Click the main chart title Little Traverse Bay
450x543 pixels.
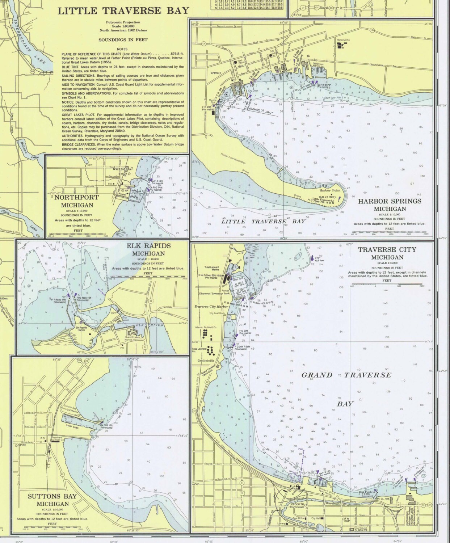point(123,10)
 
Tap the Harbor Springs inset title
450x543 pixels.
point(390,201)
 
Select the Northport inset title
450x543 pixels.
point(77,198)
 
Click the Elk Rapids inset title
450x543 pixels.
point(148,246)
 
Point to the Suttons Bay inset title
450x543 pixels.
point(52,496)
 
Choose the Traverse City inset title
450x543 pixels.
point(387,249)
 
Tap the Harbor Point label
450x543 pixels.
point(329,190)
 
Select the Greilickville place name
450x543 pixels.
point(204,361)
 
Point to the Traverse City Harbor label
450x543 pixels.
point(211,306)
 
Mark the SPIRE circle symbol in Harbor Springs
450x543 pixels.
point(220,73)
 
